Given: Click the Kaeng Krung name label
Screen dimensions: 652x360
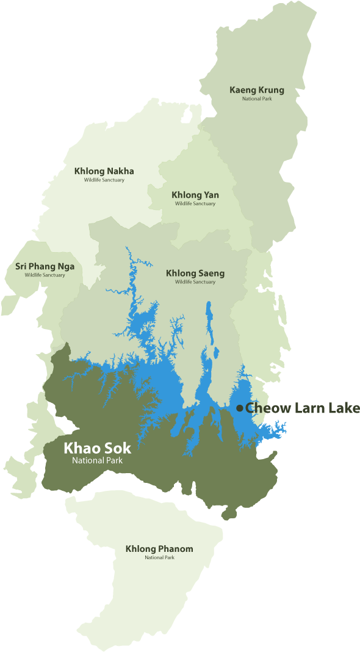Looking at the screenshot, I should [x=256, y=90].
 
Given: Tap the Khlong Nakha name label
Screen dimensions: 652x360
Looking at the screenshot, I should [x=104, y=171].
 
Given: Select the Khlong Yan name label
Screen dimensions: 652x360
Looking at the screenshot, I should [x=195, y=195].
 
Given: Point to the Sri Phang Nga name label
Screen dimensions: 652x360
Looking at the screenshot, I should [x=45, y=267].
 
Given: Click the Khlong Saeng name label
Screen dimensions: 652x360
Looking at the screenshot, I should [x=195, y=273].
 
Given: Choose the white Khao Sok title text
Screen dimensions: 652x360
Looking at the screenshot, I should [x=97, y=447].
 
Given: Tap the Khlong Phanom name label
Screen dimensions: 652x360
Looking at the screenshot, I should [x=159, y=549].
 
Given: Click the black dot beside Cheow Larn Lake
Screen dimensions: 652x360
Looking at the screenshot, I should [x=240, y=408].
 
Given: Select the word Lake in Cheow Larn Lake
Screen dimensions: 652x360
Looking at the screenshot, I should [x=343, y=408].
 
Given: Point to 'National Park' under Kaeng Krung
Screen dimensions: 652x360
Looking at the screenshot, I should [x=256, y=99].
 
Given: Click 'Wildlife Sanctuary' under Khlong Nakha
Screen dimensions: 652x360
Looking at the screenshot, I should [x=104, y=180].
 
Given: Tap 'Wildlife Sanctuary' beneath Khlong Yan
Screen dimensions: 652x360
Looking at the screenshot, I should [x=195, y=204].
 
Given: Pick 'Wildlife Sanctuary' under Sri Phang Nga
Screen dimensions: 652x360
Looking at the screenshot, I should [x=45, y=275].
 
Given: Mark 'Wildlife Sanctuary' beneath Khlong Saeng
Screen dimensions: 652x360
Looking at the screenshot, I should [x=195, y=282].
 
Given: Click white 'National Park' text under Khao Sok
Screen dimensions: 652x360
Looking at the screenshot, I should [x=97, y=460].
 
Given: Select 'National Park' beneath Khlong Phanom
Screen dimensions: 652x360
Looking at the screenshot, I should [x=159, y=557].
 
